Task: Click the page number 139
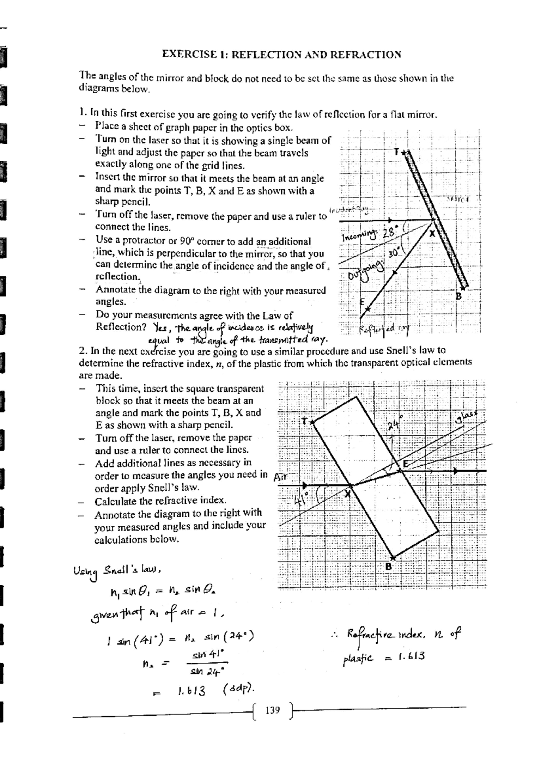tap(273, 710)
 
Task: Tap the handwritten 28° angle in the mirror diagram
tap(388, 233)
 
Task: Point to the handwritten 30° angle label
tap(394, 253)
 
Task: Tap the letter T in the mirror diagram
tap(396, 152)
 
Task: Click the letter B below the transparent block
tap(388, 566)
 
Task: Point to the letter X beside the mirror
tap(432, 233)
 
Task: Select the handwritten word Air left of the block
tap(280, 477)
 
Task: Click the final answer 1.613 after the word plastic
tap(411, 656)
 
